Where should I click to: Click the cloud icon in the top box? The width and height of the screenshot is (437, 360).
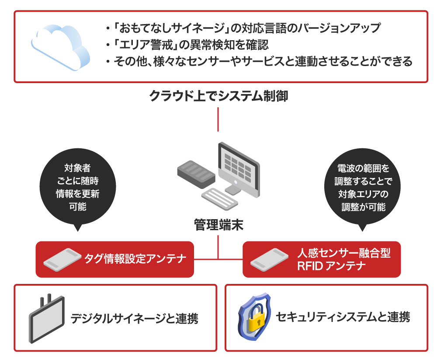(61, 46)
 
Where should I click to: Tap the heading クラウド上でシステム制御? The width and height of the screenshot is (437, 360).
(218, 96)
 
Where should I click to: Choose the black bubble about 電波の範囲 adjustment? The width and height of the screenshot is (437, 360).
(361, 187)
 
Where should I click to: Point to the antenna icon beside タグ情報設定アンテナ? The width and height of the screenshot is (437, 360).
(62, 259)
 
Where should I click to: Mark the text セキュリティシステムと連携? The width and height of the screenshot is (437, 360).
(343, 318)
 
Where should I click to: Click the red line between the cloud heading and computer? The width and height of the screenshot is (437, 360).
(218, 119)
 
